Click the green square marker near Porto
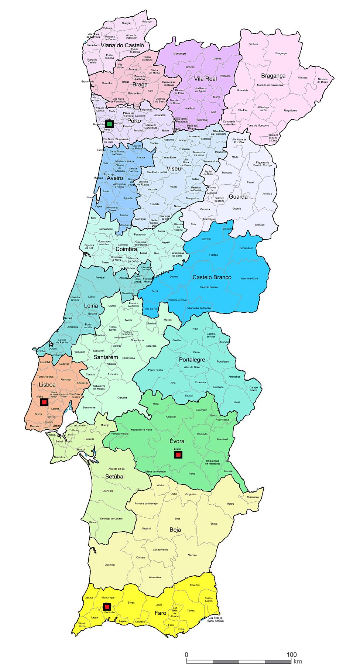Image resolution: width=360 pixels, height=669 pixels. point(109,124)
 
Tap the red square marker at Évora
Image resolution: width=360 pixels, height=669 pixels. point(178,454)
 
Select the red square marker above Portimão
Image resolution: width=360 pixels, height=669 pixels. point(107,607)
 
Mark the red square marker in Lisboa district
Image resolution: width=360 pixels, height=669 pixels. point(44,402)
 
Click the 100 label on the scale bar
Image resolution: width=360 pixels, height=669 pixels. point(291,655)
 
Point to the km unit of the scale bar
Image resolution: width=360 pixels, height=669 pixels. point(298,661)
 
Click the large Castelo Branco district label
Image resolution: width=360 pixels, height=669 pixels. point(212,277)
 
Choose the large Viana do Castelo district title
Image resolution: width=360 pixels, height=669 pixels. point(122,45)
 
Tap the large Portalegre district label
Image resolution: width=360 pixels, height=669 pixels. point(192,360)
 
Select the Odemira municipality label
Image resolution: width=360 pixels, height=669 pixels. point(110,565)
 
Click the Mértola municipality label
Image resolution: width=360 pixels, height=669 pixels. point(192,555)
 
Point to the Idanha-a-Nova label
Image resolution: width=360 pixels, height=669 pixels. point(249,278)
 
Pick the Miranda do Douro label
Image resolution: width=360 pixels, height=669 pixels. point(322,80)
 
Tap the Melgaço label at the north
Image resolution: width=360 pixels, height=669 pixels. point(147,21)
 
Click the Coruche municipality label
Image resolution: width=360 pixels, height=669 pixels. point(122,398)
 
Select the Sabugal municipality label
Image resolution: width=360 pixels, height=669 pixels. point(260,224)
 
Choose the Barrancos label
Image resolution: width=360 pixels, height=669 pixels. point(253,497)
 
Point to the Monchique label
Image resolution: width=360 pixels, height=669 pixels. point(108,597)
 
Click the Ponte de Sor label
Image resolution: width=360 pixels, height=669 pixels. point(156,370)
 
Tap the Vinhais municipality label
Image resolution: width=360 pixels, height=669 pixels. point(253,44)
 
